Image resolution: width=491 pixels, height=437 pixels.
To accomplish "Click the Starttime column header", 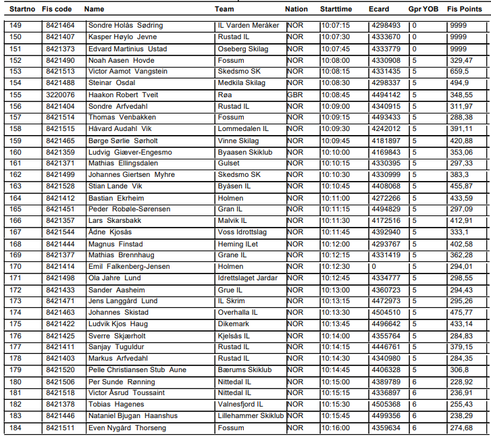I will point(336,9).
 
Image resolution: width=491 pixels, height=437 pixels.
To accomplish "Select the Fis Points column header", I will point(465,9).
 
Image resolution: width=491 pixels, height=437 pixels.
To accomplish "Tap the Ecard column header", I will point(379,9).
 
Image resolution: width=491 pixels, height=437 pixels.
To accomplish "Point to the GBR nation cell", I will point(294,95).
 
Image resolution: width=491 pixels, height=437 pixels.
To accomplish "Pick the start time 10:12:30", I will point(335,267).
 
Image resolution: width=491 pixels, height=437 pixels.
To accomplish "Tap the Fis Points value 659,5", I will point(459,71).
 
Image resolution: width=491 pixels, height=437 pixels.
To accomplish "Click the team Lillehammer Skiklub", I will point(251,416).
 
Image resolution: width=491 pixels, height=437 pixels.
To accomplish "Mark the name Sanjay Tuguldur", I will point(117,347).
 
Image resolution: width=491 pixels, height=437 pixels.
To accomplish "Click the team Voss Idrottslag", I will point(242,232).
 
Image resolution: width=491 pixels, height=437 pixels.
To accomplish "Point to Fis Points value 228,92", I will point(461,382).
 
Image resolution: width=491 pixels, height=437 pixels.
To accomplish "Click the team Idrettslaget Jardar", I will point(247,278).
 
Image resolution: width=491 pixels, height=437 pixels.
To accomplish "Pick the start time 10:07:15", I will point(335,26).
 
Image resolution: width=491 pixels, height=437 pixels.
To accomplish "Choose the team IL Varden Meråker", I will point(248,26).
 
